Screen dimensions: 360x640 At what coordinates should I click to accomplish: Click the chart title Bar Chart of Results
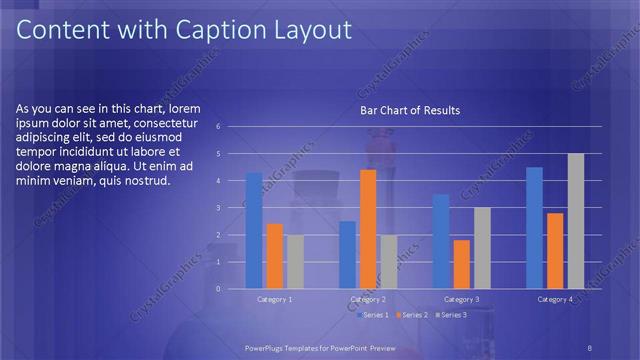tap(410, 110)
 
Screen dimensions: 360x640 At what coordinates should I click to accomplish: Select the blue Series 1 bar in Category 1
tap(254, 230)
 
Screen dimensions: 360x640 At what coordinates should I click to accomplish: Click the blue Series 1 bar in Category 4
tap(534, 227)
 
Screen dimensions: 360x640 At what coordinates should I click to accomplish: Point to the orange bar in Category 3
tap(461, 264)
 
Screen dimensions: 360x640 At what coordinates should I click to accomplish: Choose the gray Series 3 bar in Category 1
tap(295, 261)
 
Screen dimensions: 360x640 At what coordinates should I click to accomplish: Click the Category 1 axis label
tap(275, 299)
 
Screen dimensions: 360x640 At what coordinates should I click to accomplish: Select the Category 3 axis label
tap(461, 299)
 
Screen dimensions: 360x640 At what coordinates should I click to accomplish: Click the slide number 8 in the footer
tap(590, 347)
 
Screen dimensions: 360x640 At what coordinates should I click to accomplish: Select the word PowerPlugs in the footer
tap(267, 347)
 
